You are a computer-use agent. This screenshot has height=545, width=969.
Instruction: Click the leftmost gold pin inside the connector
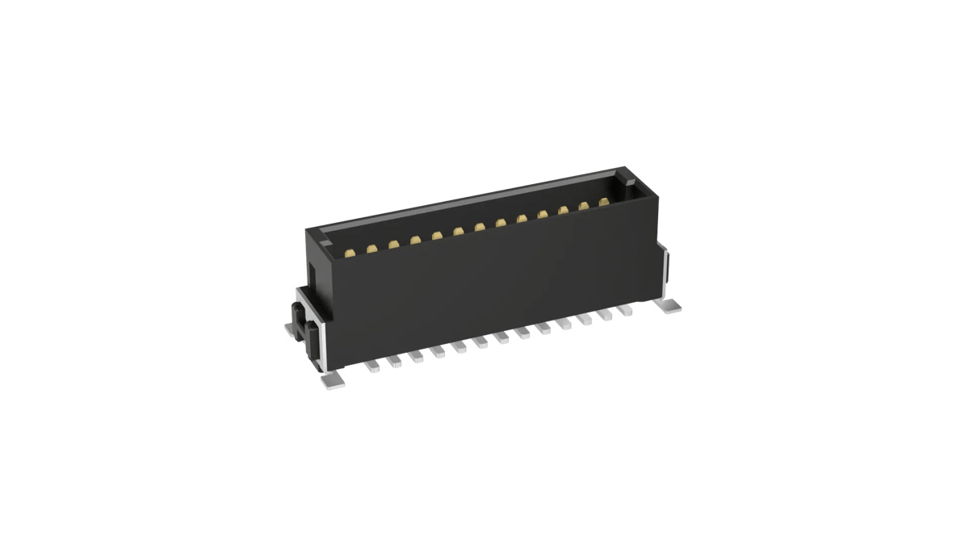349,254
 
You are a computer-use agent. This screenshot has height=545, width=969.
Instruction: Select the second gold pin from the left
371,249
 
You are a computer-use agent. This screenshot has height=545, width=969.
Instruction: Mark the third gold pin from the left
393,245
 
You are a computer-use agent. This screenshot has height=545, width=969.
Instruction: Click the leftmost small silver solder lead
373,367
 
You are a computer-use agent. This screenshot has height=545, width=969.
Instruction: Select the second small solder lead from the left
395,362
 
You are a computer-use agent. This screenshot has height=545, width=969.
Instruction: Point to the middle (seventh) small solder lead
502,338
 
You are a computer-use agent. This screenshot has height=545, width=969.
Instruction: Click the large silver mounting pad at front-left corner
332,379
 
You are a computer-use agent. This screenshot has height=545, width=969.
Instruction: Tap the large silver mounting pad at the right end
670,306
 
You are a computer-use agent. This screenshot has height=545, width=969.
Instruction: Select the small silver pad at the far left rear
291,329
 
